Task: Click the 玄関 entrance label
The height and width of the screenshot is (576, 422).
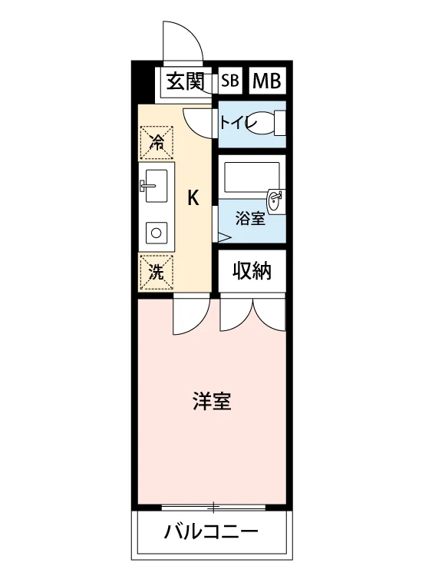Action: point(185,81)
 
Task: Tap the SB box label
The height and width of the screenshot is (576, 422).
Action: point(230,80)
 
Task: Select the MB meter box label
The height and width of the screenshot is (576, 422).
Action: point(267,81)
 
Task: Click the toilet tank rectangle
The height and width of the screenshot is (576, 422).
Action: point(281,124)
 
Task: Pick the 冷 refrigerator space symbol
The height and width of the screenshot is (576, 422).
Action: point(157,143)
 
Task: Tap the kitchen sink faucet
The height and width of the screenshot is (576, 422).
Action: point(147,185)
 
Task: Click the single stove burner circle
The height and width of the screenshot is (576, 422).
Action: point(157,233)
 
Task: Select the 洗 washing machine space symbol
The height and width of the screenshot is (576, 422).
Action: point(157,272)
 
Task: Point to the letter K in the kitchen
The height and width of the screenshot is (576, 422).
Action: point(193,198)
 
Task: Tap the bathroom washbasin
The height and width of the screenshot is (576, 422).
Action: point(275,201)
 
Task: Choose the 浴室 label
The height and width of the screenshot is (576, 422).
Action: point(250,220)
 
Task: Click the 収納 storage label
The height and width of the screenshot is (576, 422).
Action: point(252,271)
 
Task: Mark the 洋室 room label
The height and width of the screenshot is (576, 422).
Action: point(212,401)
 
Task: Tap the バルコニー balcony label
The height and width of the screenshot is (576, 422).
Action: point(211,531)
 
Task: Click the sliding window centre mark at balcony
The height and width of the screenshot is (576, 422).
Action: point(213,508)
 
